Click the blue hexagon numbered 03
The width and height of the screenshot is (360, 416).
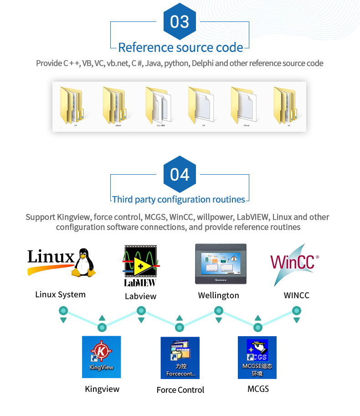180,21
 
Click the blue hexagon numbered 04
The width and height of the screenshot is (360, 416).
180,174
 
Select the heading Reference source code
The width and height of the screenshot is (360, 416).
180,47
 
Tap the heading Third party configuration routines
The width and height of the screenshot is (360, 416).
179,199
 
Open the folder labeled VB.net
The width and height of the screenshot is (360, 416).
245,106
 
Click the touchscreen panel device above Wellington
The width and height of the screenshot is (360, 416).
221,265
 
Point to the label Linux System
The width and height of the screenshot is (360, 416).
61,295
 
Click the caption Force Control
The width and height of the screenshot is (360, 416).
180,390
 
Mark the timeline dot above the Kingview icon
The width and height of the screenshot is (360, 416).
102,327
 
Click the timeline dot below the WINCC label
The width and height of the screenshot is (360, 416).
297,311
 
